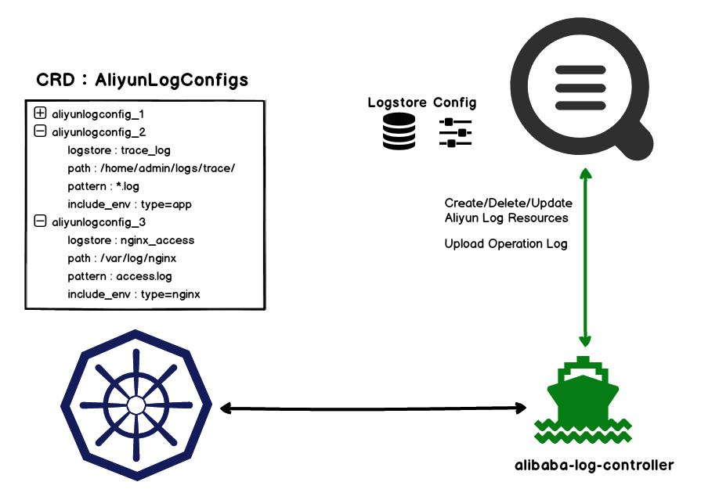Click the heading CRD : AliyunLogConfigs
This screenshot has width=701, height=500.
(142, 80)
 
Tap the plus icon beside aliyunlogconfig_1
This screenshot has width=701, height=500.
(41, 113)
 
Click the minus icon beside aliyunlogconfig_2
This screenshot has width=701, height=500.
(41, 131)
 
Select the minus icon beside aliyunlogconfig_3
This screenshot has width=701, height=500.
(41, 222)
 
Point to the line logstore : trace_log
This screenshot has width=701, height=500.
(119, 150)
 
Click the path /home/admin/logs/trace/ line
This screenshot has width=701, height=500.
(151, 168)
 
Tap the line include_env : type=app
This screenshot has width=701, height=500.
(129, 204)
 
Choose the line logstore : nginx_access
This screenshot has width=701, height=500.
(131, 240)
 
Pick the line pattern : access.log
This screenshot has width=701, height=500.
(120, 276)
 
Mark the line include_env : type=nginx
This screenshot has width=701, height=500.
(134, 294)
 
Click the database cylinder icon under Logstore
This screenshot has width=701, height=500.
(399, 131)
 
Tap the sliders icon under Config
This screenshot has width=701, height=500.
(456, 132)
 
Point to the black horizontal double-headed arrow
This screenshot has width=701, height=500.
(373, 408)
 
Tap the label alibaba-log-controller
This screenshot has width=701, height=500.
(594, 465)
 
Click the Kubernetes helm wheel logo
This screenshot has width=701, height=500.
(136, 405)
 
